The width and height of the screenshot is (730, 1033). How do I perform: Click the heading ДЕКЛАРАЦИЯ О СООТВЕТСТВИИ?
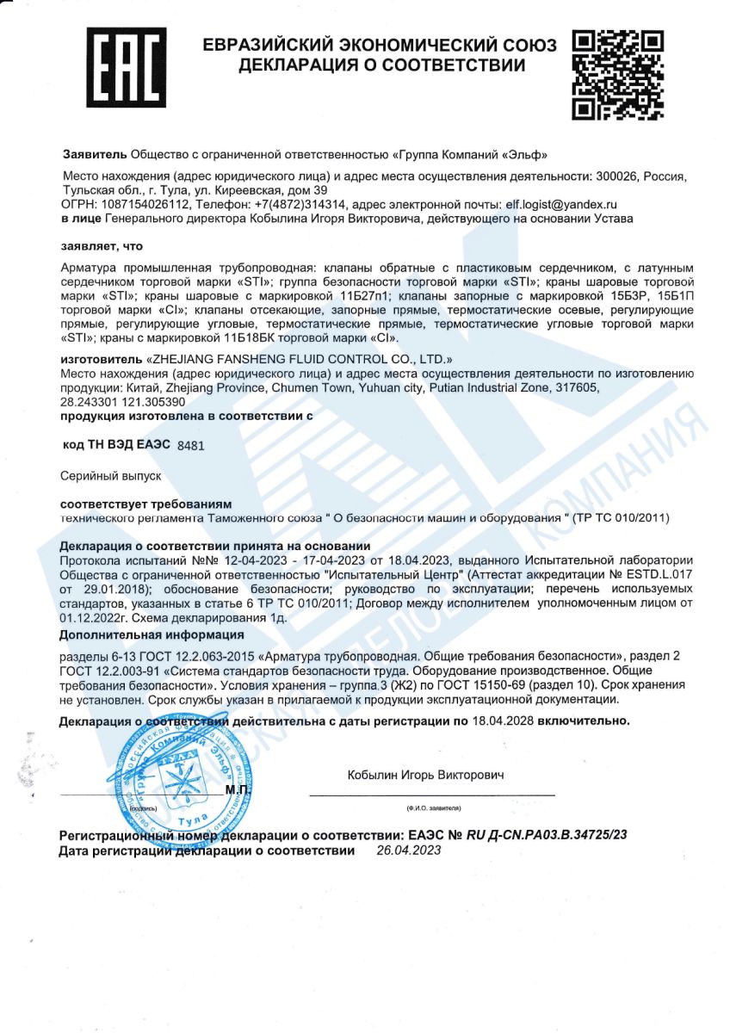(x=381, y=65)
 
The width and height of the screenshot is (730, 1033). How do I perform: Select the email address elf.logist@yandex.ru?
(x=561, y=205)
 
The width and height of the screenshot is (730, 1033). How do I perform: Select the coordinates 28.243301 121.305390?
(x=123, y=402)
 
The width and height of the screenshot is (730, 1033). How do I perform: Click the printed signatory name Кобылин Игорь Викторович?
(x=425, y=775)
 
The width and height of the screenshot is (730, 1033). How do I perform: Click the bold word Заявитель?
(x=95, y=154)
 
